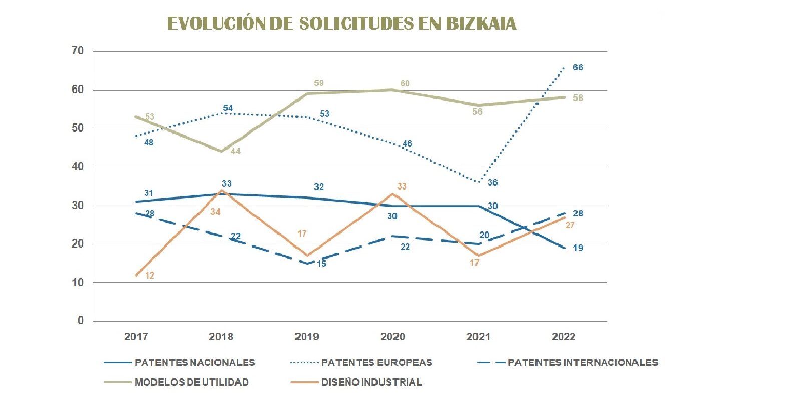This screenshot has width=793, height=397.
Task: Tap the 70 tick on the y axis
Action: [x=78, y=51]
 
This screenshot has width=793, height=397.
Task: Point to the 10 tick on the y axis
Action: [x=78, y=283]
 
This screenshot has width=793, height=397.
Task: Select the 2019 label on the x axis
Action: [x=306, y=337]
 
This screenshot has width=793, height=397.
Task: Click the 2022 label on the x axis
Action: [x=563, y=337]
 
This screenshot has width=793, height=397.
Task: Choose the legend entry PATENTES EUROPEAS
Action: [x=376, y=362]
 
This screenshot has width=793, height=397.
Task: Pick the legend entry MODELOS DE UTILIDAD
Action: [x=191, y=382]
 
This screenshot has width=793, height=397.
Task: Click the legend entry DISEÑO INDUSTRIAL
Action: [x=371, y=382]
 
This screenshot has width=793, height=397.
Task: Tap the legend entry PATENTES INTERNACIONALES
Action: [x=583, y=362]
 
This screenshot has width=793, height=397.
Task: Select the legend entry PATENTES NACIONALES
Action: [x=194, y=362]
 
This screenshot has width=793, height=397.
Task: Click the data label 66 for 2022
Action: [x=578, y=67]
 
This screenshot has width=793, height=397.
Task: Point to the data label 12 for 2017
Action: [x=149, y=275]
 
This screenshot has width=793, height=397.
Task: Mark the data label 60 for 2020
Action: [x=405, y=83]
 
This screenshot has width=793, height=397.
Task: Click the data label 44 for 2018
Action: [x=235, y=151]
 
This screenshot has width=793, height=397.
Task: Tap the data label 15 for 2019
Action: [x=321, y=264]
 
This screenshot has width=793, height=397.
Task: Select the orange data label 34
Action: [x=215, y=212]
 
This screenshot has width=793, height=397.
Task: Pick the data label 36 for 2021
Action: [x=493, y=183]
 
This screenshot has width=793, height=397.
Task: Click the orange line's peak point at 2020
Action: [x=393, y=194]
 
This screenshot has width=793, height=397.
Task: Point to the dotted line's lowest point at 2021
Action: [x=479, y=182]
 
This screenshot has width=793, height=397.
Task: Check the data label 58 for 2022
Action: [x=578, y=98]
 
